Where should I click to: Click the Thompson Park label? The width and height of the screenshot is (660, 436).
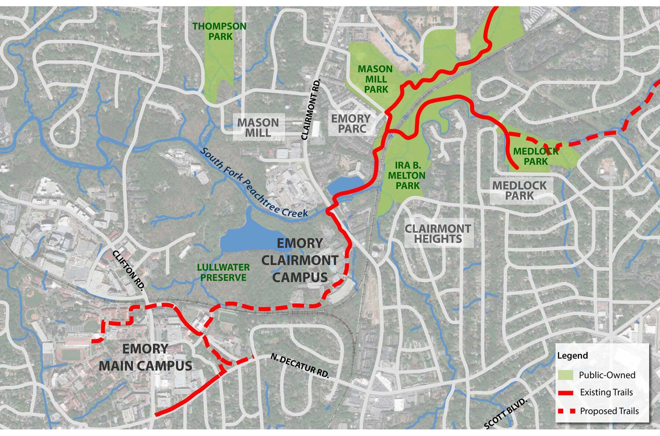click(220, 31)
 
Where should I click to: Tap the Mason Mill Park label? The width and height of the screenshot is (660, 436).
click(375, 79)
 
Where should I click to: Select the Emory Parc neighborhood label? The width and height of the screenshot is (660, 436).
click(351, 124)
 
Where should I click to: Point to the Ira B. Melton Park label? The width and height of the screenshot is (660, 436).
click(407, 175)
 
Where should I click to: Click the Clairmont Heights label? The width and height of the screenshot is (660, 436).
click(438, 234)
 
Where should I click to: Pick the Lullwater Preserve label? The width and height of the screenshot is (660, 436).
click(223, 273)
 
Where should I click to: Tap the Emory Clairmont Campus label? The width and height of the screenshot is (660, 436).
click(300, 260)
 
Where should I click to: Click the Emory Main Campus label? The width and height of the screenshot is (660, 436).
click(145, 357)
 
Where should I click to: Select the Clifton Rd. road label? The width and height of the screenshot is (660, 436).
click(128, 270)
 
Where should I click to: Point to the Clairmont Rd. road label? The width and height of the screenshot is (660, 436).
click(312, 110)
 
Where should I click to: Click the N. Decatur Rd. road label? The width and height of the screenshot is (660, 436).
click(300, 366)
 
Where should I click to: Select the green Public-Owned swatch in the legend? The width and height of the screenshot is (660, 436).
click(565, 375)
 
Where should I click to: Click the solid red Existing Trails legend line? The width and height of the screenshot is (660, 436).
click(565, 392)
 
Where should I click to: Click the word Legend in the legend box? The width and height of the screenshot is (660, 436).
click(572, 356)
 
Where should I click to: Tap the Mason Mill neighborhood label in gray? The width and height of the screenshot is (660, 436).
click(258, 128)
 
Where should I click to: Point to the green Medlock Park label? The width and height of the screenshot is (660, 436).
click(536, 156)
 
